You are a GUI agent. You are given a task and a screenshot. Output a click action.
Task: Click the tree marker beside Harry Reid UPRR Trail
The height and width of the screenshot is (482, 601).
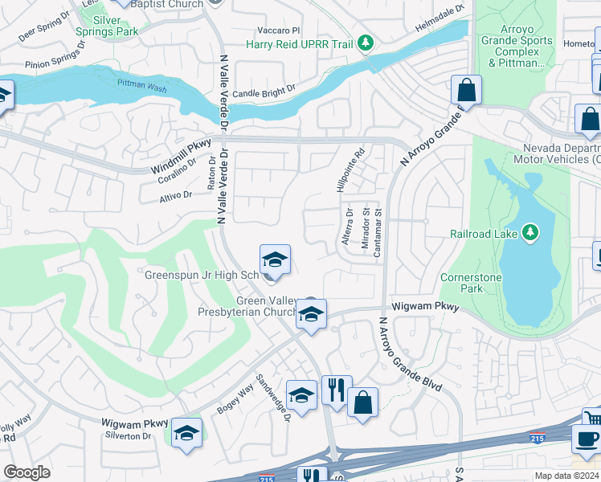(x=366, y=42)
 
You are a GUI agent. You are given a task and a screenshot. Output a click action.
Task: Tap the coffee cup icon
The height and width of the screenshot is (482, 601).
(x=587, y=439)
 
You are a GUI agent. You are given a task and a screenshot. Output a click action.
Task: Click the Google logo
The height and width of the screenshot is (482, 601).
(x=26, y=472)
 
